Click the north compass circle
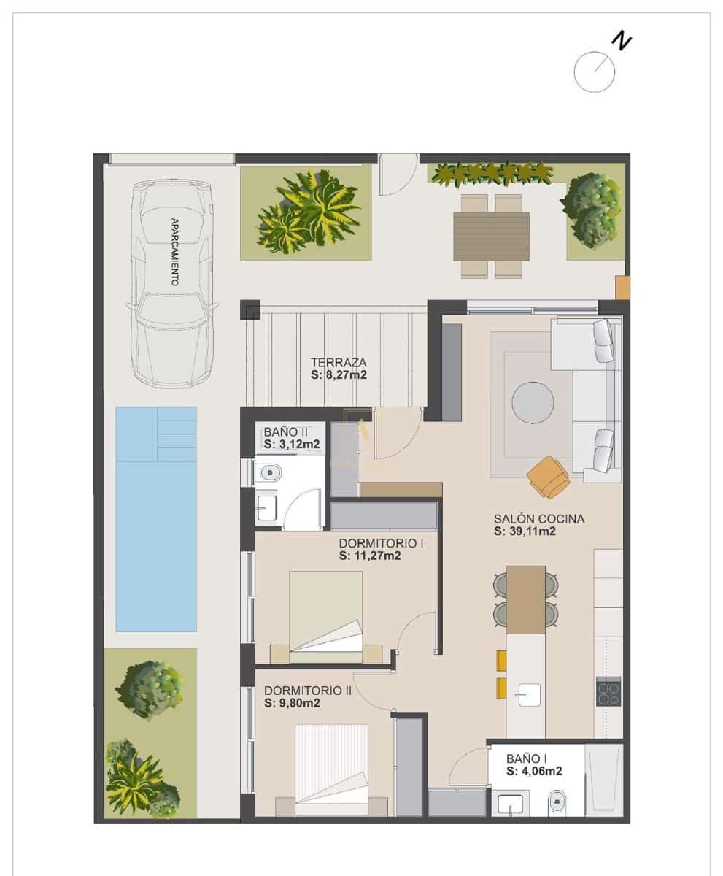(594, 72)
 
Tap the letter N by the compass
(621, 42)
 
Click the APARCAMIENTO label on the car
(174, 251)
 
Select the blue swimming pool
(156, 518)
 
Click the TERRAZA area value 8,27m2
(338, 375)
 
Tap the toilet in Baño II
(269, 473)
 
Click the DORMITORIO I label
(381, 543)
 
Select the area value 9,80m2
(293, 703)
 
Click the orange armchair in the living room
(549, 477)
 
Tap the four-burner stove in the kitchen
(608, 692)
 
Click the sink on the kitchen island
(527, 693)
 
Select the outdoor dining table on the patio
(491, 236)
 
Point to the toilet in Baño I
(557, 803)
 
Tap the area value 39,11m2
(525, 532)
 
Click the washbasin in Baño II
(266, 505)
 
